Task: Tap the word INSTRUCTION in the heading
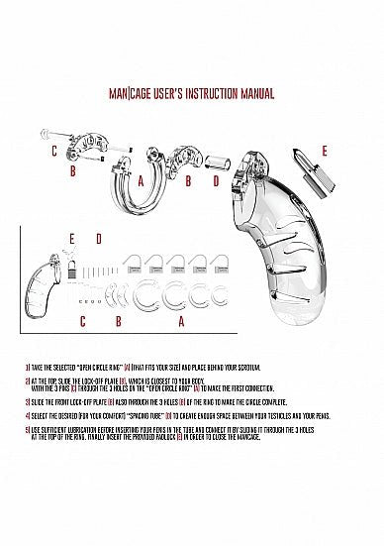(206, 95)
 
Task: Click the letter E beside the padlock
(324, 151)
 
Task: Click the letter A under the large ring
(142, 180)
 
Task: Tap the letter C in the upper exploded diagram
(53, 151)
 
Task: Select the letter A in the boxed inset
(180, 321)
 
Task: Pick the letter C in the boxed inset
(82, 321)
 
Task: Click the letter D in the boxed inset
(98, 239)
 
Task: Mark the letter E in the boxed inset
(72, 239)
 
